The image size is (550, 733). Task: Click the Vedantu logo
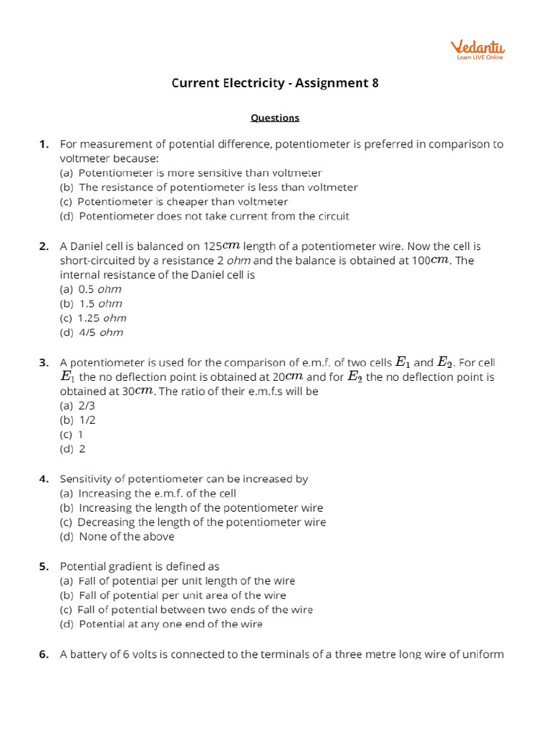pyautogui.click(x=477, y=49)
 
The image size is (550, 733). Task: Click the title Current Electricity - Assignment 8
pyautogui.click(x=275, y=83)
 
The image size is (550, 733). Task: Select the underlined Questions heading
pyautogui.click(x=275, y=117)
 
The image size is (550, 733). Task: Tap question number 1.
pyautogui.click(x=44, y=145)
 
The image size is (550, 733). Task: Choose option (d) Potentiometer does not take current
pyautogui.click(x=205, y=216)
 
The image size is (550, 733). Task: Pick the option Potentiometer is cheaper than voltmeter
pyautogui.click(x=174, y=202)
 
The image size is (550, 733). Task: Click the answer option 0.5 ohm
pyautogui.click(x=91, y=289)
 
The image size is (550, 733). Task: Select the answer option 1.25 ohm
pyautogui.click(x=93, y=318)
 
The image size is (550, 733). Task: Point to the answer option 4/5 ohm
pyautogui.click(x=92, y=332)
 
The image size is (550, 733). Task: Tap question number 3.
pyautogui.click(x=44, y=363)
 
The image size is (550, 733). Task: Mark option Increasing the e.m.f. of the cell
pyautogui.click(x=148, y=493)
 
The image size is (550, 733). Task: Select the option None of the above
pyautogui.click(x=117, y=536)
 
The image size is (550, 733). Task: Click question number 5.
pyautogui.click(x=44, y=566)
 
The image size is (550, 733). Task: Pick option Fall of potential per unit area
pyautogui.click(x=173, y=596)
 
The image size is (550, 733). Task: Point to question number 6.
pyautogui.click(x=44, y=654)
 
